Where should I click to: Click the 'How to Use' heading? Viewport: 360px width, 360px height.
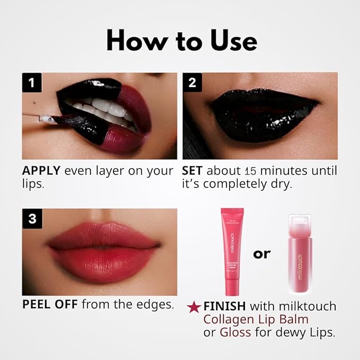pyautogui.click(x=181, y=41)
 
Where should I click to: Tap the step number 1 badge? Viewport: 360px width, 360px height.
pyautogui.click(x=32, y=83)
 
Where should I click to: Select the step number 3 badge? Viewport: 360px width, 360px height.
pyautogui.click(x=32, y=218)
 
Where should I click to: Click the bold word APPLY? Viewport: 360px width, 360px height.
pyautogui.click(x=42, y=171)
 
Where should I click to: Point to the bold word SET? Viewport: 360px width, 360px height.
pyautogui.click(x=192, y=171)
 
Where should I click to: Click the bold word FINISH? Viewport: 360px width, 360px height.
pyautogui.click(x=225, y=306)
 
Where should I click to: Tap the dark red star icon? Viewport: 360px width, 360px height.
pyautogui.click(x=194, y=307)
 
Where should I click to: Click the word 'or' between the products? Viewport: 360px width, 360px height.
pyautogui.click(x=262, y=253)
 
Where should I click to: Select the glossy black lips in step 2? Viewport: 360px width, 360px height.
pyautogui.click(x=260, y=114)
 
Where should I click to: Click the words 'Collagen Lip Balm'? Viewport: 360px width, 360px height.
pyautogui.click(x=249, y=320)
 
